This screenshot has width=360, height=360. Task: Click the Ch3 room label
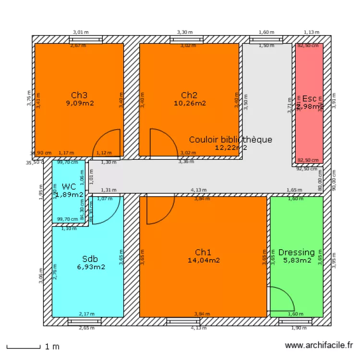(79, 95)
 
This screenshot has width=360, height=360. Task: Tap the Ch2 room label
(189, 95)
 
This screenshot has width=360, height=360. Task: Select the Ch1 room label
(203, 252)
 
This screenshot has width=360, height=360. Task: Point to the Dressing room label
(297, 252)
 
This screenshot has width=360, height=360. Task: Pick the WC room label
(69, 187)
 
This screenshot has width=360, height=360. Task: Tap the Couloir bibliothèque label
(230, 140)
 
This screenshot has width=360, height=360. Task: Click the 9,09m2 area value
(80, 103)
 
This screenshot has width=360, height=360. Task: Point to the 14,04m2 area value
(204, 260)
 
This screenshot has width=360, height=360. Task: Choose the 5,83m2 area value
(297, 260)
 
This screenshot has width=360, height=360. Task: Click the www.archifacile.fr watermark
(319, 346)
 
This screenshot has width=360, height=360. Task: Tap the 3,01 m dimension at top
(81, 32)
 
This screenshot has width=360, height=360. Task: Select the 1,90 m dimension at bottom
(299, 328)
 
